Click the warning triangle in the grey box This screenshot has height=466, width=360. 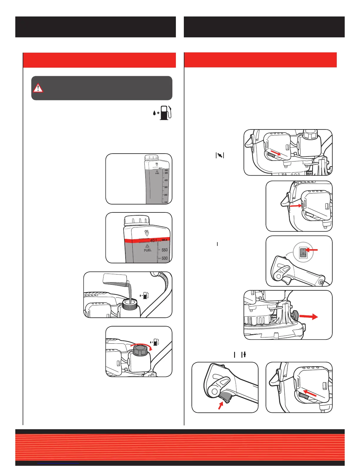click(x=38, y=88)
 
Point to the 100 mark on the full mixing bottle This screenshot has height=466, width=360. click(x=166, y=202)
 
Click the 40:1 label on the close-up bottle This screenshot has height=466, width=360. click(x=153, y=241)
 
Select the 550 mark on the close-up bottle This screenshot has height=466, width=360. click(x=164, y=250)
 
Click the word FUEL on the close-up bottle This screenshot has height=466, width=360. click(x=148, y=250)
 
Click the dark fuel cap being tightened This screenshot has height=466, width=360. click(x=140, y=350)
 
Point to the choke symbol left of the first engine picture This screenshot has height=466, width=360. click(x=220, y=155)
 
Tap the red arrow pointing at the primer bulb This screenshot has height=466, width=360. click(x=295, y=206)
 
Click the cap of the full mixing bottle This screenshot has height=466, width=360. click(x=151, y=158)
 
